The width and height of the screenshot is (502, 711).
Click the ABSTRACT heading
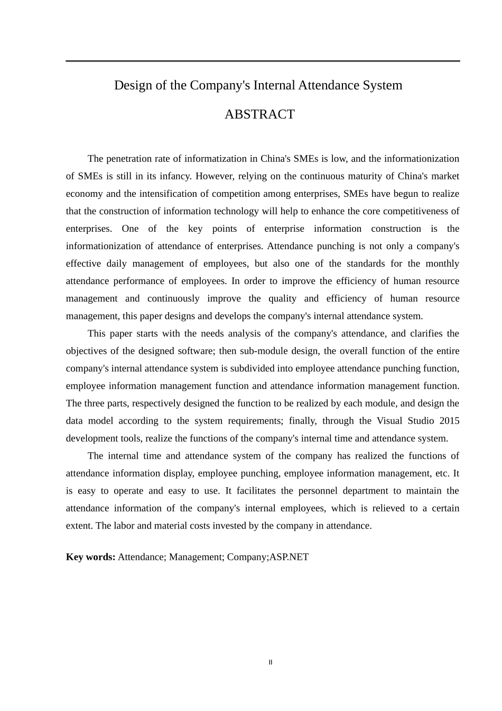259,114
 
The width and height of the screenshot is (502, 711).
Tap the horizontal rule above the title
263,61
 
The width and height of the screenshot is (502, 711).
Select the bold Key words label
90,557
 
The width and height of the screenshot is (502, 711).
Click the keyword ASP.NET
289,557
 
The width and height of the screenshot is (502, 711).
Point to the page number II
271,662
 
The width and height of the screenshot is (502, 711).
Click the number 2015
449,421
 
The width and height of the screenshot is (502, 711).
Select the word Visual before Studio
389,421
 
